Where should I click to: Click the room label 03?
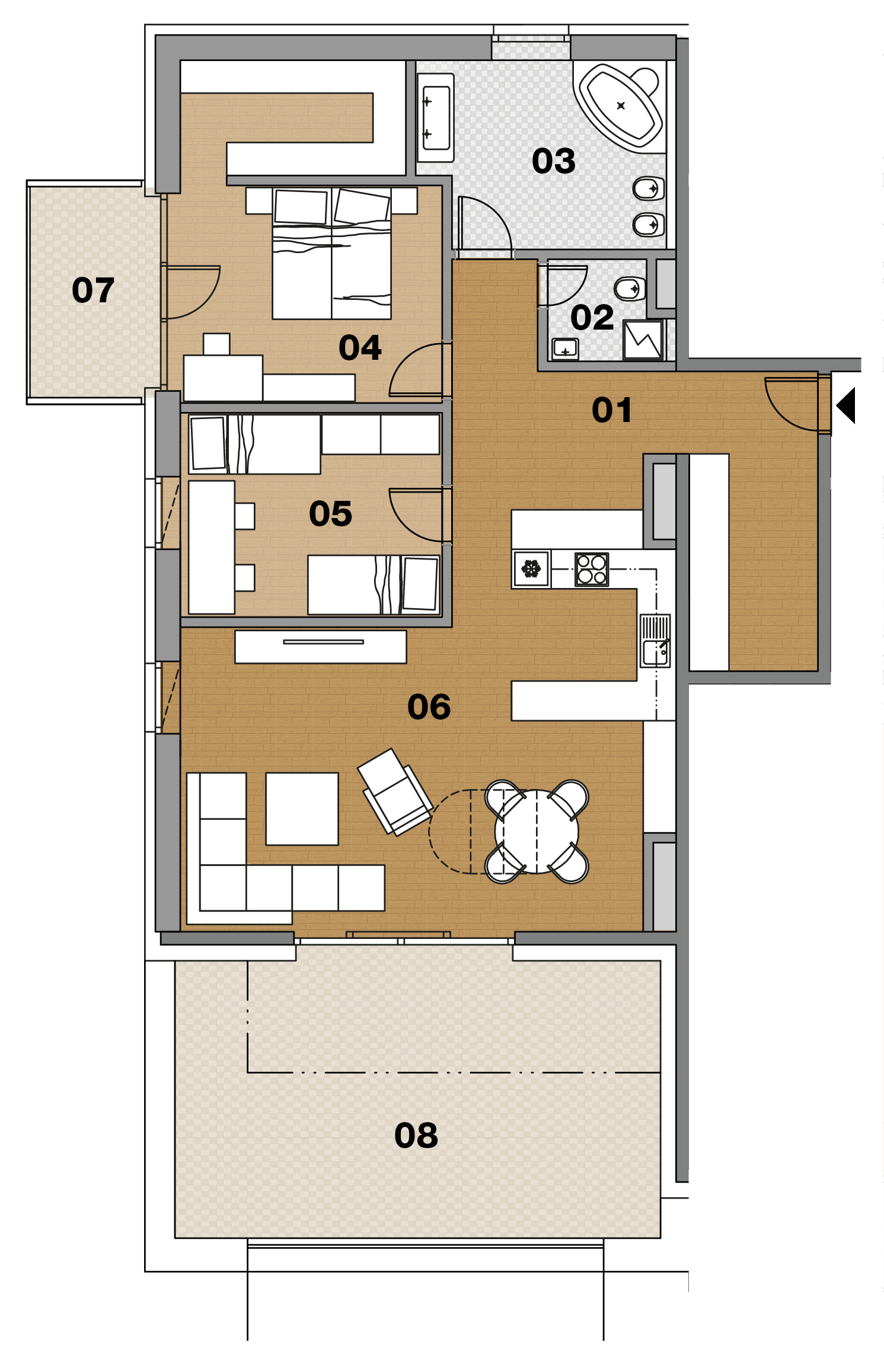pos(553,161)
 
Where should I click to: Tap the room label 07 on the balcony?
pos(93,290)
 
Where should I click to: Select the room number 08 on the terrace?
pos(416,1136)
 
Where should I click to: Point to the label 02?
pos(592,318)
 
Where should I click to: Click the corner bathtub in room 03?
pos(620,107)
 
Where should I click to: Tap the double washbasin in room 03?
pos(436,117)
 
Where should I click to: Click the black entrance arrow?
pos(846,405)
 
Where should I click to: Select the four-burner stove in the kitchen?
pos(592,569)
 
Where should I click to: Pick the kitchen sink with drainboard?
pos(655,641)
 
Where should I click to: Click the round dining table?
pos(537,831)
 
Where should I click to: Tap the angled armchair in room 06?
pos(395,791)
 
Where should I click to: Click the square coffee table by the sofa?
pos(302,809)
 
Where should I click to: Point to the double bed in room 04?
pos(331,254)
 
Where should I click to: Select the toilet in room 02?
pos(630,289)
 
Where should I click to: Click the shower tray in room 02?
pos(643,340)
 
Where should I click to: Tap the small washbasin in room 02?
pos(565,349)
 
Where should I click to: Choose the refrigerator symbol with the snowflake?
pos(531,569)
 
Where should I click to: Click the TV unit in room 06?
pos(321,647)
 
